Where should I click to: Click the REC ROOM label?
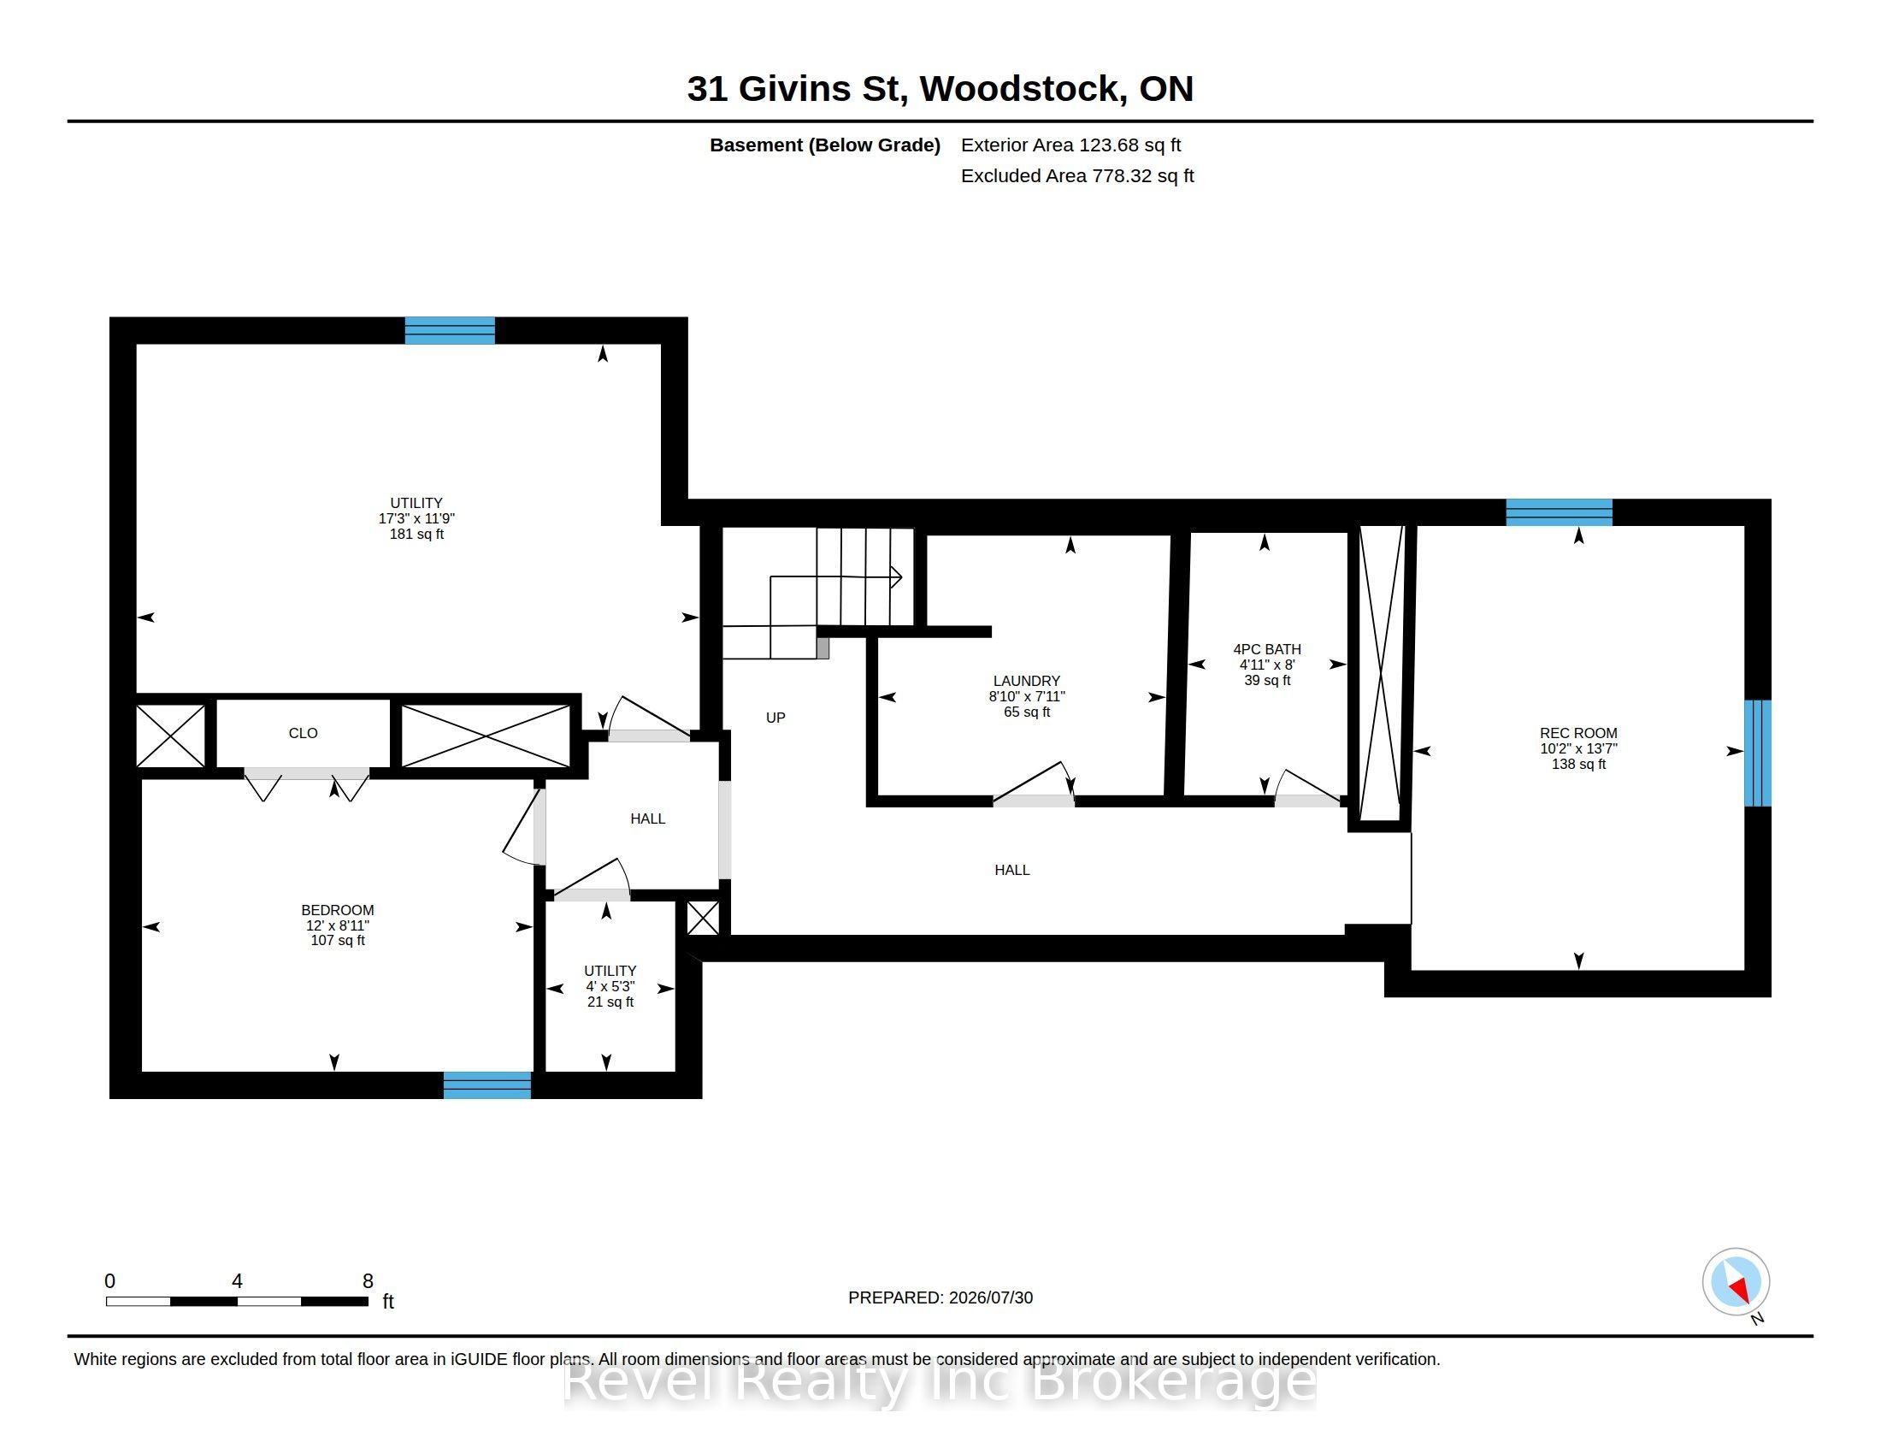[x=1577, y=733]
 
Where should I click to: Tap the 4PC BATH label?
[x=1267, y=649]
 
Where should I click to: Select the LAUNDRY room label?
[x=1027, y=681]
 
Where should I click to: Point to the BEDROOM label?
[x=338, y=910]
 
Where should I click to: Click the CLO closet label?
[x=304, y=733]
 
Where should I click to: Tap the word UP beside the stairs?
[x=775, y=718]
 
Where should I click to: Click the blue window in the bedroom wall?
[x=487, y=1085]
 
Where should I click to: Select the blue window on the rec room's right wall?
[x=1758, y=753]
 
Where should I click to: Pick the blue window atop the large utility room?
[x=450, y=331]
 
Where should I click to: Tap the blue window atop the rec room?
[x=1559, y=512]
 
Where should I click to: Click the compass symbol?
[x=1736, y=1282]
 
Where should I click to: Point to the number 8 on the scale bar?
[x=368, y=1281]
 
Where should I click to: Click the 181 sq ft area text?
[x=417, y=534]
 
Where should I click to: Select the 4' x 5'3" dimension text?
[x=610, y=986]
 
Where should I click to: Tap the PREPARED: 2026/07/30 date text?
[x=940, y=1298]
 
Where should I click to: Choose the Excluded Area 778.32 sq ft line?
[x=1077, y=175]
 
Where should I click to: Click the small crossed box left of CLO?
[x=170, y=736]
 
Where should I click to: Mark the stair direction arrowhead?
[x=897, y=577]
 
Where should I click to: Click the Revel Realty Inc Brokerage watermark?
[x=940, y=1381]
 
